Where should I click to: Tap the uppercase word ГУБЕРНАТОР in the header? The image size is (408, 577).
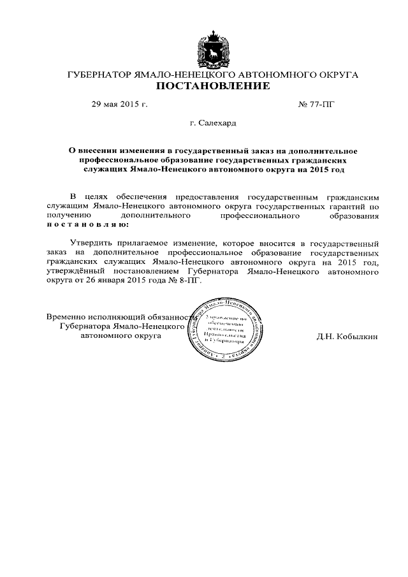click(x=99, y=75)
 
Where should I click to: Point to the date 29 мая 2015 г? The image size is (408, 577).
click(x=120, y=104)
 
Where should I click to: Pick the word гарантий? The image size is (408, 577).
click(x=348, y=207)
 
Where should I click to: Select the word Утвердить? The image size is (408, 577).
click(x=91, y=244)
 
